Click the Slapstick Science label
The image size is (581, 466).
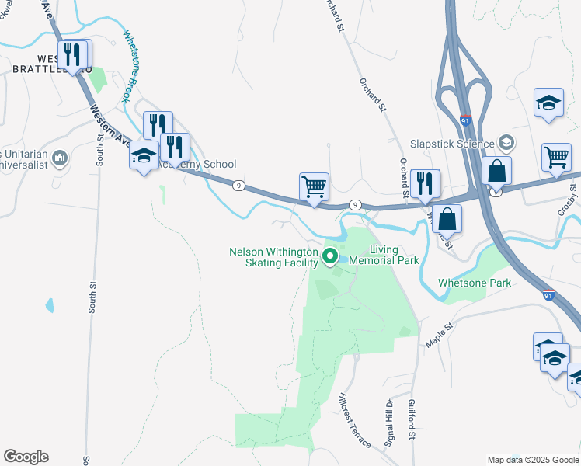pos(452,144)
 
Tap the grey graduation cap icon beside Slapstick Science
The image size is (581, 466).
pos(506,143)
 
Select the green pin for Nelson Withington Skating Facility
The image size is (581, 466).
pos(330,256)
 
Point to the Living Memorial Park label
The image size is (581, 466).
pos(384,255)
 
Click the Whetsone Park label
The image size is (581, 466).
pos(475,283)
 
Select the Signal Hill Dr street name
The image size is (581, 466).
pos(389,423)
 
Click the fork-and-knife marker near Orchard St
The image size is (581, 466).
pos(425,184)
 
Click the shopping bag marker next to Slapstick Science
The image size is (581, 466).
pos(496,171)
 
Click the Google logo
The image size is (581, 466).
pos(26,457)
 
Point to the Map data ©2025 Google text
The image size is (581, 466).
pos(533,460)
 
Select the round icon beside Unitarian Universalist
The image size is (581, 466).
pos(61,159)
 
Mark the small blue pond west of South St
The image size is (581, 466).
pos(50,304)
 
